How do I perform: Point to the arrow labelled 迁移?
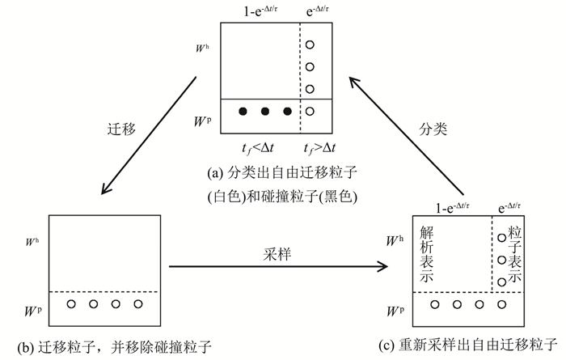[x=150, y=135]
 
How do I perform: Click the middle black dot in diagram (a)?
[x=264, y=112]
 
